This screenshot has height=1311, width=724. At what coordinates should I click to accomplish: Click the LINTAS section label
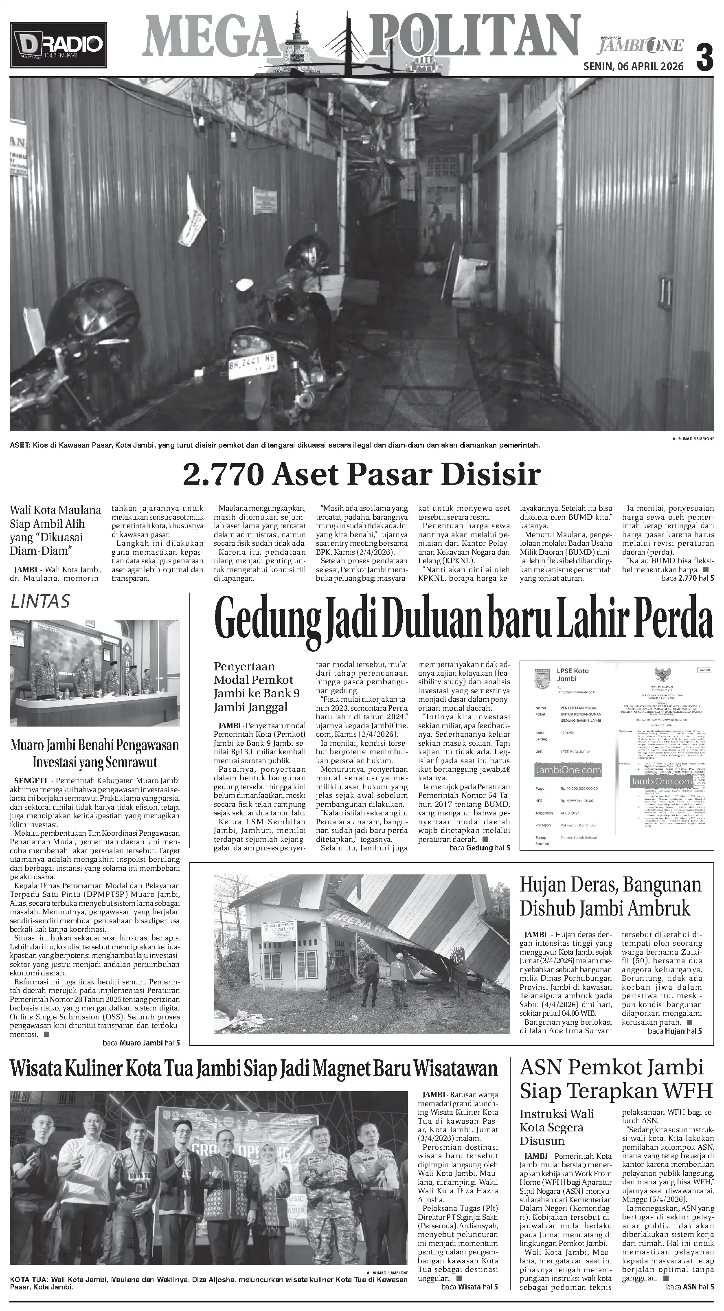tap(40, 601)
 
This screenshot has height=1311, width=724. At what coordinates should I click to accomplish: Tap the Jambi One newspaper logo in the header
tap(641, 45)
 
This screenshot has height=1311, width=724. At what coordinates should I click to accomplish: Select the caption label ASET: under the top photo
tap(19, 445)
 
